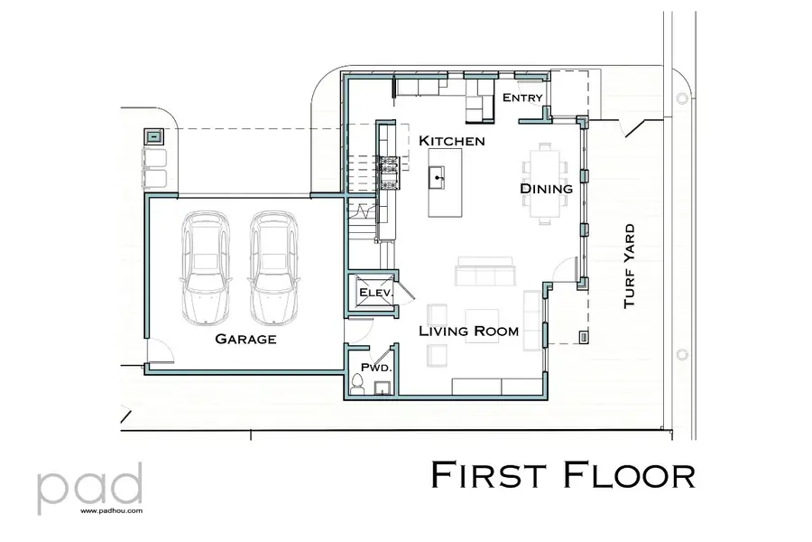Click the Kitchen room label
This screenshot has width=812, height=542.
coord(452,141)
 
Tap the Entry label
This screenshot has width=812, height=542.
coord(522,98)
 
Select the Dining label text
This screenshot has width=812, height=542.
coord(546,189)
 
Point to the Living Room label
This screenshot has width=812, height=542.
coord(468,332)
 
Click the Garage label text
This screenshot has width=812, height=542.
coord(245,340)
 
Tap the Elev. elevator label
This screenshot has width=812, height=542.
coord(373,294)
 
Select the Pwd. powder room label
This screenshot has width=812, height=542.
coord(374,368)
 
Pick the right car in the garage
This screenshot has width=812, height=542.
coord(274,267)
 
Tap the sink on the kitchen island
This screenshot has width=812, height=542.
coord(439,176)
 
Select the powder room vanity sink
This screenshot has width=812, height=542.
coord(383,389)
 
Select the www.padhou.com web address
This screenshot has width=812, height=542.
coord(111,510)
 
